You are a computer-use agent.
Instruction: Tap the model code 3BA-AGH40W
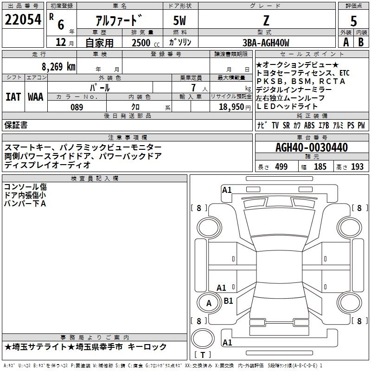266,43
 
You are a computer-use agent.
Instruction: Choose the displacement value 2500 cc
143,43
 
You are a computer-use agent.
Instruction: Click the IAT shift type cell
13,97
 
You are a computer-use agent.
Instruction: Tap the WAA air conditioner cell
36,97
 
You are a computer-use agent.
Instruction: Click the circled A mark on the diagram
209,303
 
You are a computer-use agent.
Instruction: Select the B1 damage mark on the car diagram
228,301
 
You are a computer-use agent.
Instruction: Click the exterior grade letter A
345,43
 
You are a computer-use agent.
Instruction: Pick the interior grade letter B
361,43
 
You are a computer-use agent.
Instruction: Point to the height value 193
358,166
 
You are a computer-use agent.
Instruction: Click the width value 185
320,166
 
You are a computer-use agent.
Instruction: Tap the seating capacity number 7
192,88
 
